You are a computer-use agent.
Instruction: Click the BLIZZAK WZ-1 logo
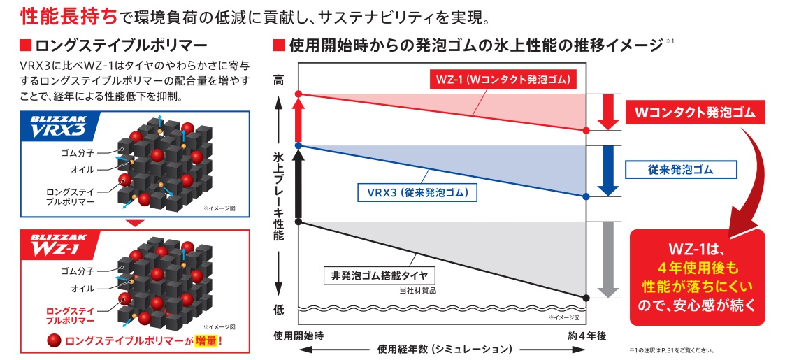56,245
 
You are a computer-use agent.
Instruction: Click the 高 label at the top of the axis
279,81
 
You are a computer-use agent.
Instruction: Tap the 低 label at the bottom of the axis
279,310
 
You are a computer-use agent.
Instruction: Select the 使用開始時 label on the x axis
298,336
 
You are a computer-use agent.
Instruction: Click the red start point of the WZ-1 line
298,94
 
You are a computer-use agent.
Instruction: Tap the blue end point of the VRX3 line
586,196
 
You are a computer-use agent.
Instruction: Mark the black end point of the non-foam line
586,298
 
